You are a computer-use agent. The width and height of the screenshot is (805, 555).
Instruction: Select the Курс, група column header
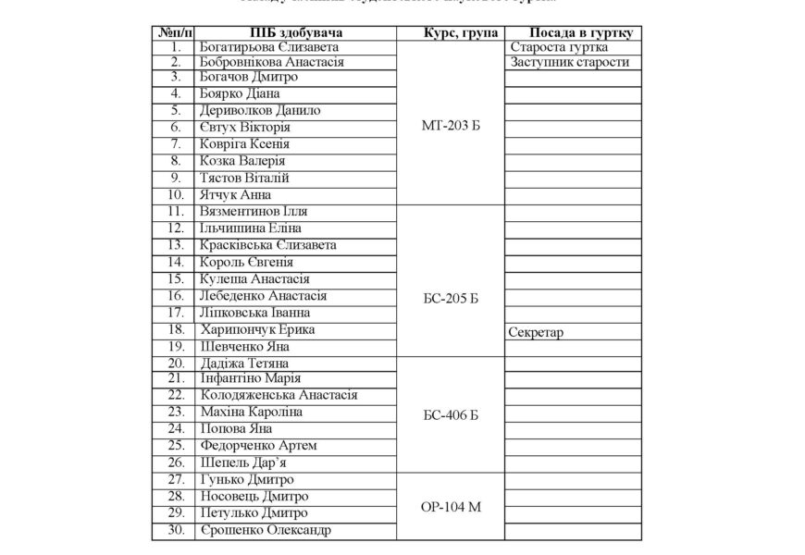pyautogui.click(x=450, y=31)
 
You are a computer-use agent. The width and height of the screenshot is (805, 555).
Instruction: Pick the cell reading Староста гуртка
pyautogui.click(x=559, y=45)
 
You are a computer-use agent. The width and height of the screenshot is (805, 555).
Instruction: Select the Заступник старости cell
pyautogui.click(x=569, y=62)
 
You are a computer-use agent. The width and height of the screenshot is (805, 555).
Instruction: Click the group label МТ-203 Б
pyautogui.click(x=450, y=127)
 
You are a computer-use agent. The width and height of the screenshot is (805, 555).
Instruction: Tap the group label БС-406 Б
pyautogui.click(x=450, y=414)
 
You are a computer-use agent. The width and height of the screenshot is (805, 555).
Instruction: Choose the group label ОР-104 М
pyautogui.click(x=450, y=507)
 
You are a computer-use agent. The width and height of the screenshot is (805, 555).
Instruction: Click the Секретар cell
pyautogui.click(x=537, y=330)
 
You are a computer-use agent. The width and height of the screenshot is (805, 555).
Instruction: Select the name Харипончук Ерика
pyautogui.click(x=256, y=329)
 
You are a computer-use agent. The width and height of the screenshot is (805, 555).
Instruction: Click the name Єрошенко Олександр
pyautogui.click(x=266, y=530)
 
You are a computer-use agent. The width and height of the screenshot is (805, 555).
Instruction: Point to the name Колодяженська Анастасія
pyautogui.click(x=278, y=395)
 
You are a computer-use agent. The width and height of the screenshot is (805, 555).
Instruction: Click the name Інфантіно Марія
pyautogui.click(x=251, y=378)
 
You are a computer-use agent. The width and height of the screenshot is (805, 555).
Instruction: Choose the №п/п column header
pyautogui.click(x=173, y=31)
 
